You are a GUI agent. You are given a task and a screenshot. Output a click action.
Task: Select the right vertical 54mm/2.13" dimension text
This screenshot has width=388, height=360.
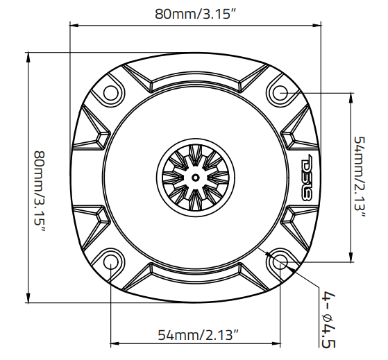coord(361,176)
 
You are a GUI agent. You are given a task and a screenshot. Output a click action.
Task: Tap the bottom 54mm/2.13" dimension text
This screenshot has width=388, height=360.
coord(197,335)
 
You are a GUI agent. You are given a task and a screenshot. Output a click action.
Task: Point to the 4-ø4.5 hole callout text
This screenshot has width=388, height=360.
coord(328,321)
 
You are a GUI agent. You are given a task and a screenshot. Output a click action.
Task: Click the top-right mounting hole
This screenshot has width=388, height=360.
coord(281,92)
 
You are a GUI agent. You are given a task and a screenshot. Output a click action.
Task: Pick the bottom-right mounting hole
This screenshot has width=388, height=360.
coord(281,262)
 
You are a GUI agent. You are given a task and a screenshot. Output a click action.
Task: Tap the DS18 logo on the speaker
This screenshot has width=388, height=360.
coord(309,175)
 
